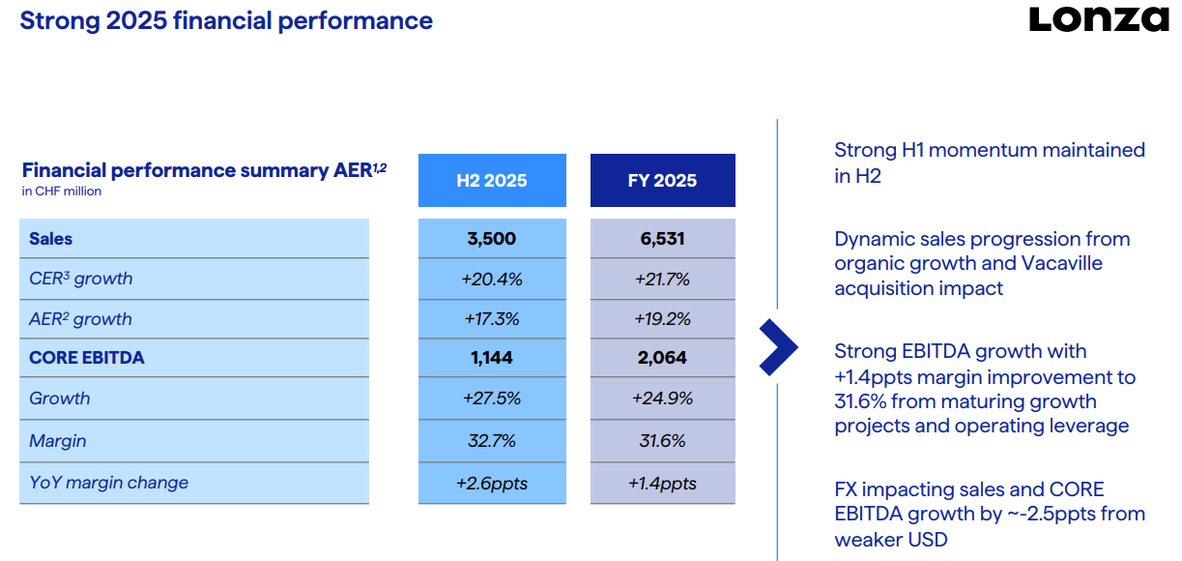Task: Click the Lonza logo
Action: (1099, 20)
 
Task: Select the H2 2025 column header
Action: (492, 180)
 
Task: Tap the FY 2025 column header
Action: (662, 180)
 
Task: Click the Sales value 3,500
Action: (491, 239)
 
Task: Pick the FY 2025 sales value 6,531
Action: (662, 239)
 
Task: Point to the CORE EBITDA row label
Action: (87, 358)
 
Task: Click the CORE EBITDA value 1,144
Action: (491, 358)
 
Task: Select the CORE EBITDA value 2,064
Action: (662, 358)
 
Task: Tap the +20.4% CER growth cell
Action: (492, 279)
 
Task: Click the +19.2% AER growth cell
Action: (662, 319)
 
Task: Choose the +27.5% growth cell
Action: (492, 399)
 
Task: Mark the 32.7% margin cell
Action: (492, 440)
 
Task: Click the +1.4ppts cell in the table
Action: (662, 484)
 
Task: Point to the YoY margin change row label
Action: (108, 483)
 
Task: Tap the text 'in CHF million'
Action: (61, 192)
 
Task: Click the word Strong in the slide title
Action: (60, 21)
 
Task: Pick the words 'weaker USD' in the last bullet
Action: (891, 540)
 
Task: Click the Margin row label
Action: (58, 440)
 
